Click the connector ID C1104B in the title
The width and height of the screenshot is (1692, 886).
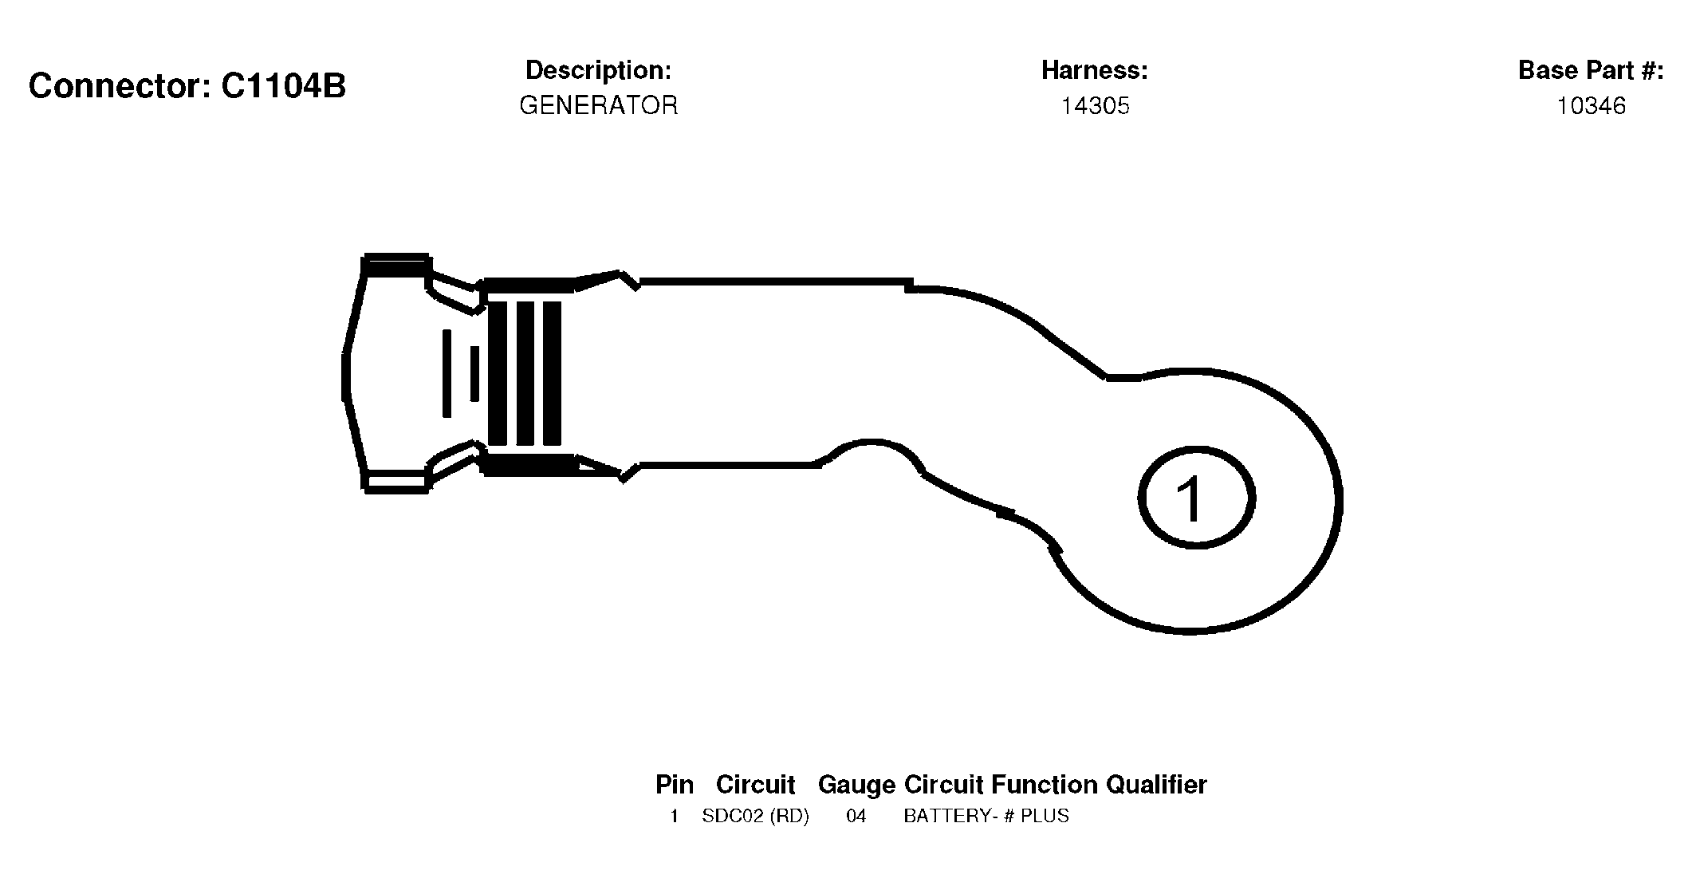click(x=283, y=86)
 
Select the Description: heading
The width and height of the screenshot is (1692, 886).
click(x=599, y=70)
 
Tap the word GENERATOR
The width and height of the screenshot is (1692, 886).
click(x=599, y=105)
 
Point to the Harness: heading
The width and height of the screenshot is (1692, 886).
click(x=1095, y=70)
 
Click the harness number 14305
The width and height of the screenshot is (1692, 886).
click(x=1095, y=106)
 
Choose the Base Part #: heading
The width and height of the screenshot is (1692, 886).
click(x=1591, y=70)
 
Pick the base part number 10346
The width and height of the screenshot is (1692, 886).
click(x=1592, y=106)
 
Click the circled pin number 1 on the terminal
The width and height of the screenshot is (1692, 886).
click(x=1196, y=497)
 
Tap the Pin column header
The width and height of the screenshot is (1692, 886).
click(x=675, y=785)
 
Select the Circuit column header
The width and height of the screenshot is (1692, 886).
click(x=756, y=785)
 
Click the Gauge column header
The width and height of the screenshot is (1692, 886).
click(x=857, y=786)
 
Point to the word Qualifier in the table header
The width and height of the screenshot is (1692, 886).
click(x=1156, y=785)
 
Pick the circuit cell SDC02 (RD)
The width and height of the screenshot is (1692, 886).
click(x=755, y=817)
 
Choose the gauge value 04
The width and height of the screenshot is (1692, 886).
click(x=856, y=817)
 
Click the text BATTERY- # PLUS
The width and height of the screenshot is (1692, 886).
click(x=986, y=817)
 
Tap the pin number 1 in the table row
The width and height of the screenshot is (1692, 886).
click(x=675, y=817)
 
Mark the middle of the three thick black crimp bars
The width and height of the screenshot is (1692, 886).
click(x=525, y=372)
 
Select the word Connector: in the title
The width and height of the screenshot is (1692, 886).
click(x=120, y=86)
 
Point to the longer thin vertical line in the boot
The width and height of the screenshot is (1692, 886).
click(x=447, y=373)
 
